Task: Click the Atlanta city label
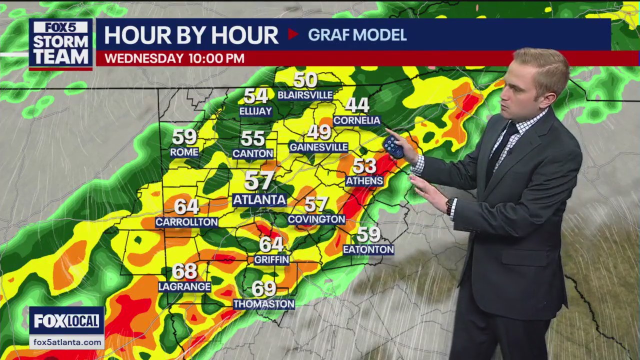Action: click(259, 200)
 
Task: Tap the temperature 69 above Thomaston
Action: click(264, 288)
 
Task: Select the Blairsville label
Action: click(305, 95)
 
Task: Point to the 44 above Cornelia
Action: click(357, 105)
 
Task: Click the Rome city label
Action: click(184, 152)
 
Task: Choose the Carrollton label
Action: click(186, 222)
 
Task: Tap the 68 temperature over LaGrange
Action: click(184, 271)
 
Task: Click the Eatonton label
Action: click(368, 249)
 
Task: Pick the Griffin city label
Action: click(271, 259)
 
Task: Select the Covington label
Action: click(316, 219)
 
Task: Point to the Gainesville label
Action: click(318, 147)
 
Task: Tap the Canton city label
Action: click(253, 153)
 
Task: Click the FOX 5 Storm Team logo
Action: click(61, 43)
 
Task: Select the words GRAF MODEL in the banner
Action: click(357, 35)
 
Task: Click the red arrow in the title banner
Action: click(293, 34)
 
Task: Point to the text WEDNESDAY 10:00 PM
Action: click(174, 58)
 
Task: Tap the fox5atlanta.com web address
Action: click(67, 342)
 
